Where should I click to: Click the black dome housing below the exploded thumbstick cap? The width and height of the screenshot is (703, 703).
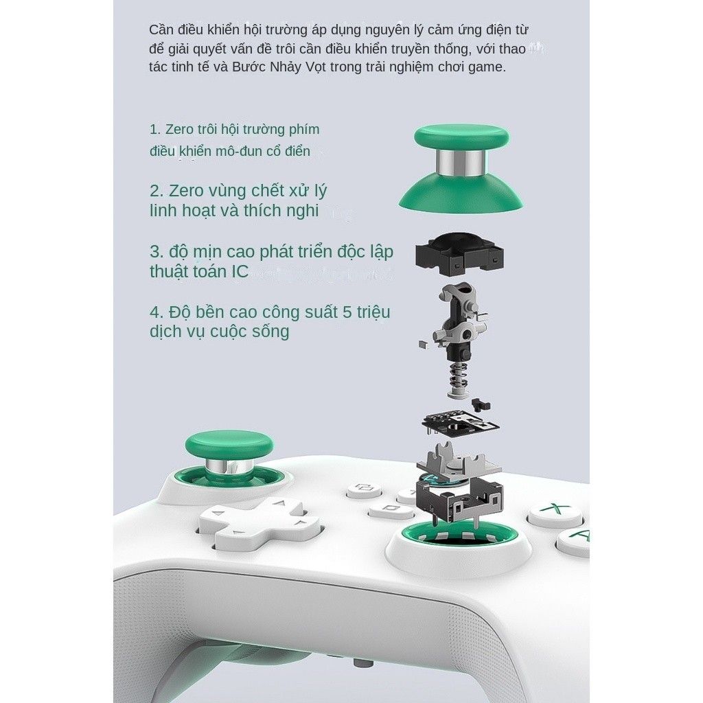coord(459,254)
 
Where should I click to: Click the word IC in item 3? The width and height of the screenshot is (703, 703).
coord(240,271)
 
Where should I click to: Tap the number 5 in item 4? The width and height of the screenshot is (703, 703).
coord(347,312)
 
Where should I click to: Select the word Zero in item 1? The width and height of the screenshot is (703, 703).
coord(179,129)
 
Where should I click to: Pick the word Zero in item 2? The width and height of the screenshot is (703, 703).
coord(186,191)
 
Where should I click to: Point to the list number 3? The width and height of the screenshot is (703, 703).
coord(155,251)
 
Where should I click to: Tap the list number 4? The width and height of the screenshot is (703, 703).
coord(155,312)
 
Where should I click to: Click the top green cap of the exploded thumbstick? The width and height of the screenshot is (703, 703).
coord(461,136)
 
